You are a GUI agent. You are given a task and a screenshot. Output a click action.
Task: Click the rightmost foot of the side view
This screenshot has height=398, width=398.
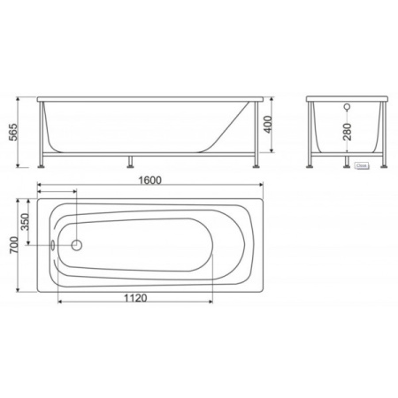(256, 165)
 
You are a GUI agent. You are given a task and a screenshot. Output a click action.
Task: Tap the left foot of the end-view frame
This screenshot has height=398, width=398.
(310, 165)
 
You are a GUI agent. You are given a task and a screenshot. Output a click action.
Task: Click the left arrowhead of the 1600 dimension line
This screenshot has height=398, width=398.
(41, 187)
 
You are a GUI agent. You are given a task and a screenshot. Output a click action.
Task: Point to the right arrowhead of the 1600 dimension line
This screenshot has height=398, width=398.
(261, 187)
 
